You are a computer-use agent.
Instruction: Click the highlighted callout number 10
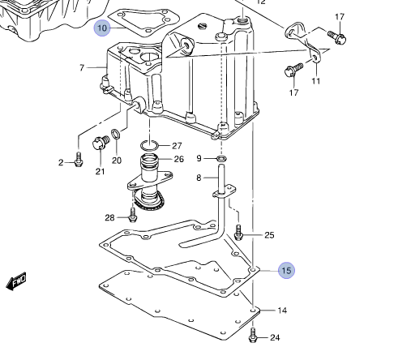[x=102, y=28]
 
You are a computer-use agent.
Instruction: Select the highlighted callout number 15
[x=286, y=270]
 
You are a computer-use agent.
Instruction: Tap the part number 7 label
[x=82, y=67]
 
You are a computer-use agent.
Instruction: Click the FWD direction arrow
[x=16, y=281]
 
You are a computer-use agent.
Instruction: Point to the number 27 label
[x=177, y=146]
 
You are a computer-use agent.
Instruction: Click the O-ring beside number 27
[x=149, y=146]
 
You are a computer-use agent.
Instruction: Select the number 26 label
[x=179, y=159]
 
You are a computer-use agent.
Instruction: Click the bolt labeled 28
[x=133, y=215]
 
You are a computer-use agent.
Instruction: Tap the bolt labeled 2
[x=79, y=160]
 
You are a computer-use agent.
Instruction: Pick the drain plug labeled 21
[x=101, y=143]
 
